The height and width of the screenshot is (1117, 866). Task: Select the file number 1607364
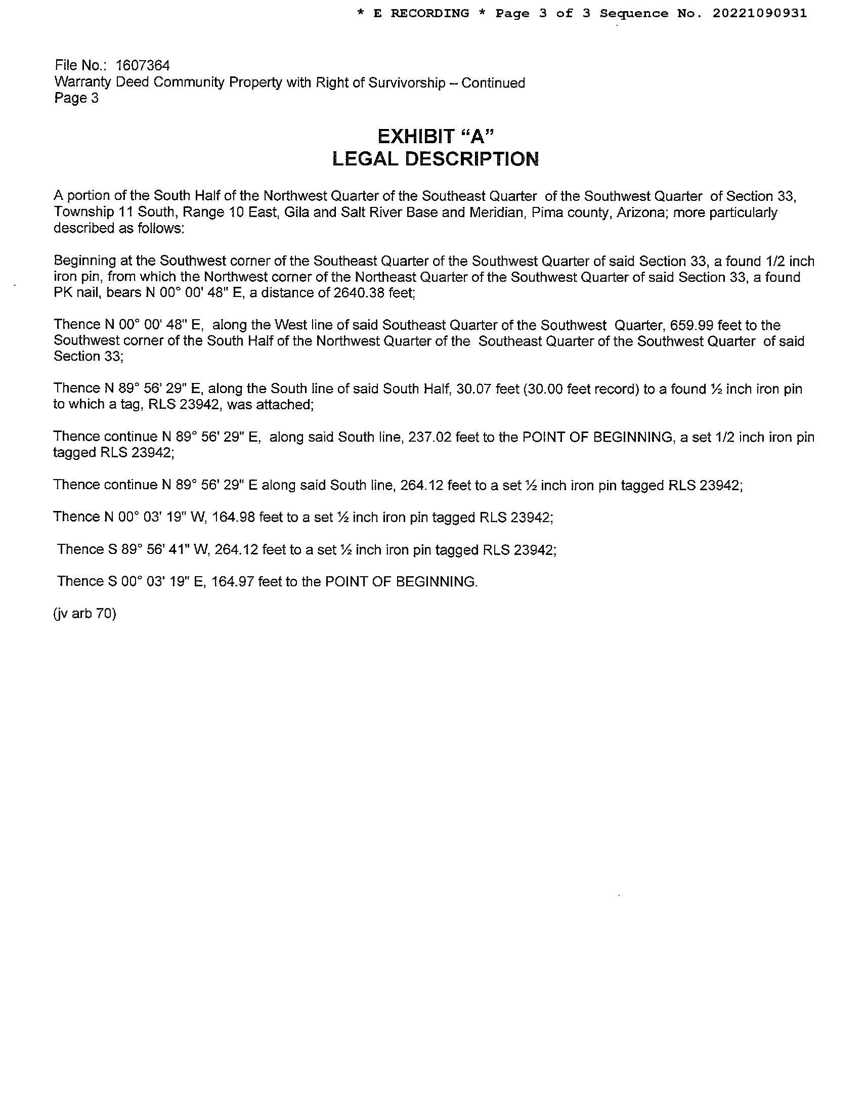coord(143,66)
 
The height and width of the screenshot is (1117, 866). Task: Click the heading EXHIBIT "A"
coord(436,137)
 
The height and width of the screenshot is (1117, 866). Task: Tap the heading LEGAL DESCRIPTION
coord(436,159)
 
